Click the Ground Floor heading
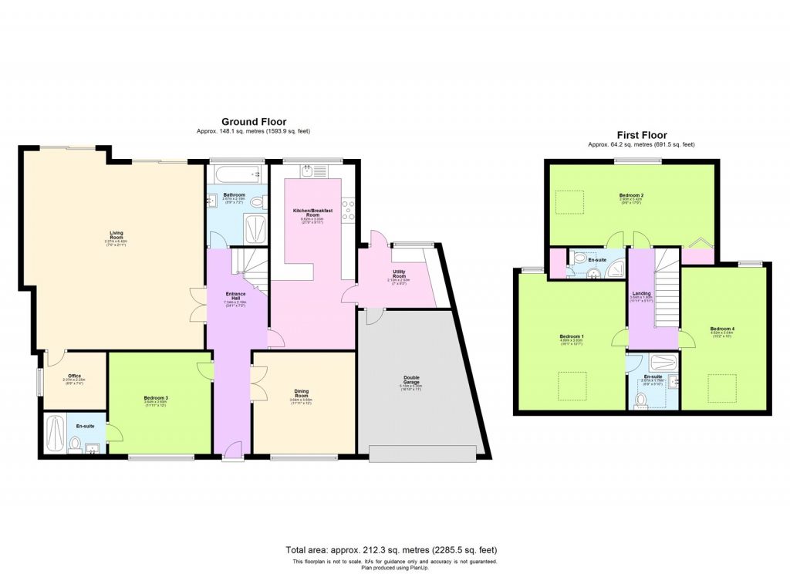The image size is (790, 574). pos(254,122)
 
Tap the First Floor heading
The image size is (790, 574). pos(641,135)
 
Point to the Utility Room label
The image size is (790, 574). pos(398,273)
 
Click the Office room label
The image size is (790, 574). pos(74,376)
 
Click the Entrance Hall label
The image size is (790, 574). pos(235,296)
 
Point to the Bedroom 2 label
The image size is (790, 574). pos(631,196)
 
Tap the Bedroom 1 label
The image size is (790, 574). pos(572,337)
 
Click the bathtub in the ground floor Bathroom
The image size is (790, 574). pos(236,174)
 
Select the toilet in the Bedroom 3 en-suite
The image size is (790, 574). pos(75,443)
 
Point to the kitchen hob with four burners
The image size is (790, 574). pos(348,208)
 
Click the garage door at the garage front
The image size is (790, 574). pos(423,454)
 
